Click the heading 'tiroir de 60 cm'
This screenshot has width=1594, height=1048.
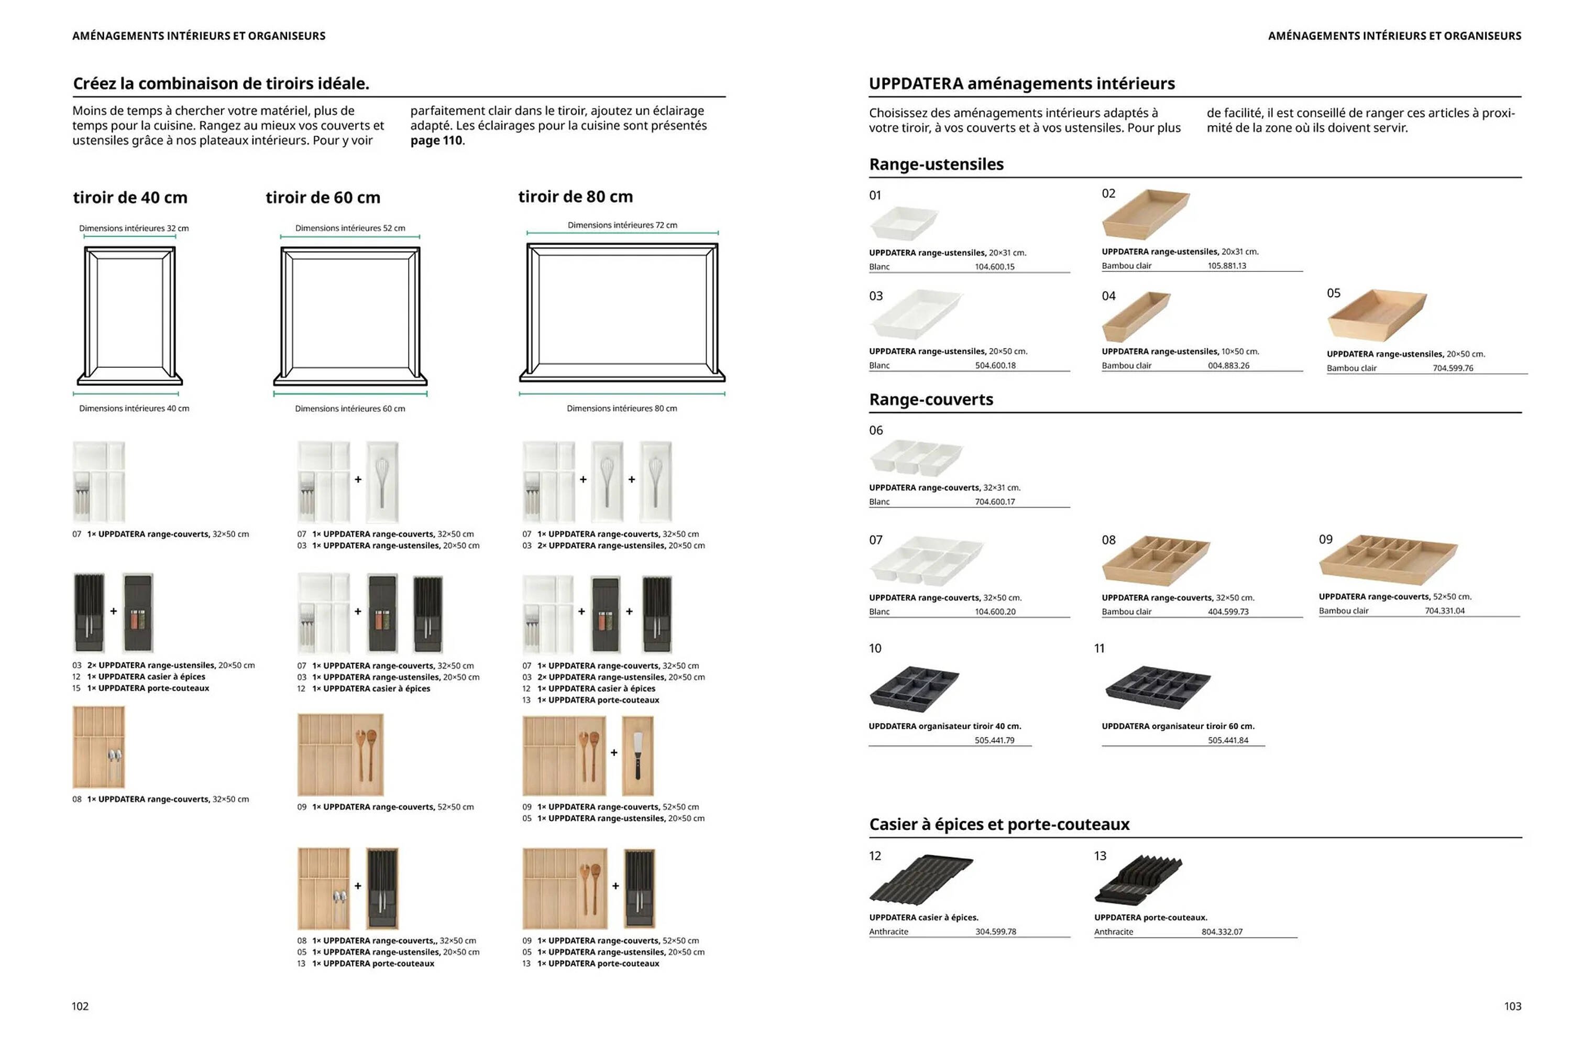tap(323, 198)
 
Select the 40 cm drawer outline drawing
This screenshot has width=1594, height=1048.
tap(129, 315)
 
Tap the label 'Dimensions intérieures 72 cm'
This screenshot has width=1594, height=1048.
tap(622, 225)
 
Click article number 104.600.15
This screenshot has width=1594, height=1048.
tap(995, 267)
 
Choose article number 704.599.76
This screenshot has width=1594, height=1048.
tap(1453, 368)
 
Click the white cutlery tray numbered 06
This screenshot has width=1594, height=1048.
tap(916, 457)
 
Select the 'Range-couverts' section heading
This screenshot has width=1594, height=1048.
tap(931, 399)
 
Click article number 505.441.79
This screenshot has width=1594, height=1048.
tap(995, 740)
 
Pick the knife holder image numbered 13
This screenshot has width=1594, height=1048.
tap(1139, 880)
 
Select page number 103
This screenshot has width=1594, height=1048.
tap(1512, 1006)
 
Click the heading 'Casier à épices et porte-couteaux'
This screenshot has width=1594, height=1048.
tap(998, 824)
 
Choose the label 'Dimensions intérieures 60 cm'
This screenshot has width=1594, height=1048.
tap(349, 409)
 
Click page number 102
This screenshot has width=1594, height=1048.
tap(80, 1006)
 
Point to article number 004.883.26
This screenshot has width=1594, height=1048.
tap(1228, 366)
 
